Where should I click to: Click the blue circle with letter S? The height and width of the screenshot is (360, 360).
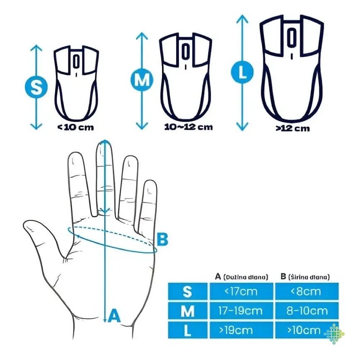click(36, 87)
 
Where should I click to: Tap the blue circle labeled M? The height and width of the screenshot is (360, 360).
click(142, 80)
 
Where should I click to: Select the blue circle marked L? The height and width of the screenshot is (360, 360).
click(242, 72)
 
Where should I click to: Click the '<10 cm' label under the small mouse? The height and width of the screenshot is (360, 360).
click(75, 127)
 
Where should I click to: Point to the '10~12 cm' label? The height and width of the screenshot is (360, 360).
click(188, 127)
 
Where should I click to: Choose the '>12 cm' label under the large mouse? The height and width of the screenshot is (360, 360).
click(292, 128)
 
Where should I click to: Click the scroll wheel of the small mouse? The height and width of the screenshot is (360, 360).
click(76, 61)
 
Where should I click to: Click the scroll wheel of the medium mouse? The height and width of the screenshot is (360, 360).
click(185, 51)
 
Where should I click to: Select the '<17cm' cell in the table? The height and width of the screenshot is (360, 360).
click(241, 291)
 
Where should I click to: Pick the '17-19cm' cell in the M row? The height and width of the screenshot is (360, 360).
click(241, 311)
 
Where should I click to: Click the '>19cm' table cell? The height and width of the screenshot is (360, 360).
click(241, 330)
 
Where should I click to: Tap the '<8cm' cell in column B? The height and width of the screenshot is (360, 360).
click(307, 291)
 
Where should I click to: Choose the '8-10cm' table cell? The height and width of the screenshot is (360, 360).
click(307, 311)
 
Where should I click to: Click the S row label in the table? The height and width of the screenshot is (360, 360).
click(188, 291)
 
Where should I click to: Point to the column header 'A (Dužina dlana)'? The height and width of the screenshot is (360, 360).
click(241, 277)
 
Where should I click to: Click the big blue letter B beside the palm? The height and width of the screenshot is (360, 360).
click(162, 239)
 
